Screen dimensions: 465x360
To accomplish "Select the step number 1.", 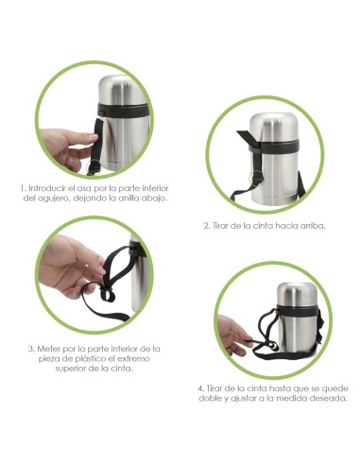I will pos(23,188).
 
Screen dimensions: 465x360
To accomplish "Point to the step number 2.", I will pos(207,226).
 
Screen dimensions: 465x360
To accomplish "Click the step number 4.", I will pos(201,387).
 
